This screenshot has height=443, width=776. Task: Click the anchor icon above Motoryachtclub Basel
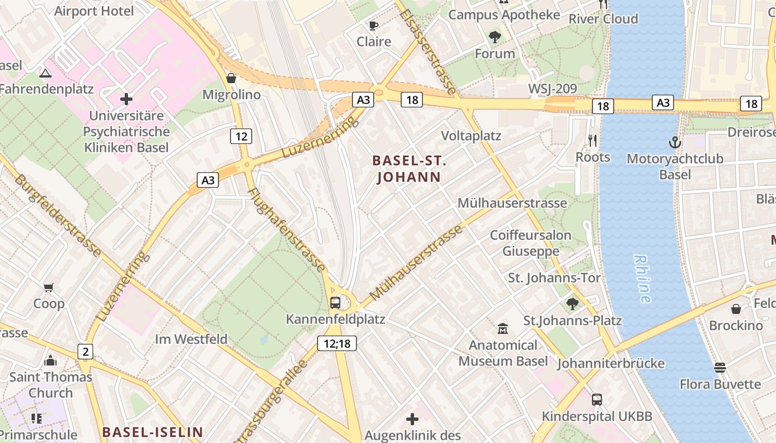pos(675,142)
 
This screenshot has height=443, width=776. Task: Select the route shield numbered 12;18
pos(337,343)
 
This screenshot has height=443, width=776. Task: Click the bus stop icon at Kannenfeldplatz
pos(335,302)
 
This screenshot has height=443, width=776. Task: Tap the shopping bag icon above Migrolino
pos(231,78)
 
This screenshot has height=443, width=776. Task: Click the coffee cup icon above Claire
pos(374,25)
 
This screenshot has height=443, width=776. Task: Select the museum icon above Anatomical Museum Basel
pos(503,328)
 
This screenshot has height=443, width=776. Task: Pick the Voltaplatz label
pos(471,136)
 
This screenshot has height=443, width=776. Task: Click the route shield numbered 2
pos(85,351)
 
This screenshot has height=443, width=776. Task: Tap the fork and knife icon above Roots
pos(593,141)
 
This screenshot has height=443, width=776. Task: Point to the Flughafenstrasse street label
pos(287,230)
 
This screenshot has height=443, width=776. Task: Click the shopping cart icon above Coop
pos(49,287)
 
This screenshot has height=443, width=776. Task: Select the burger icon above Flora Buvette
pos(720,368)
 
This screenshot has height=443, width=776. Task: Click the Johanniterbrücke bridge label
pos(610,363)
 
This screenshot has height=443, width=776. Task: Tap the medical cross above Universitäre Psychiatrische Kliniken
pos(126,99)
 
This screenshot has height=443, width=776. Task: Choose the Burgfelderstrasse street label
pos(58,216)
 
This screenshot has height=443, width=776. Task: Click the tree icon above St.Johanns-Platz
pos(573,303)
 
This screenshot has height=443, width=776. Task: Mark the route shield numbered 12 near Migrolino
pos(241,136)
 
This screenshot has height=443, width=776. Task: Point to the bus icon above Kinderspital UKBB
pos(597,399)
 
